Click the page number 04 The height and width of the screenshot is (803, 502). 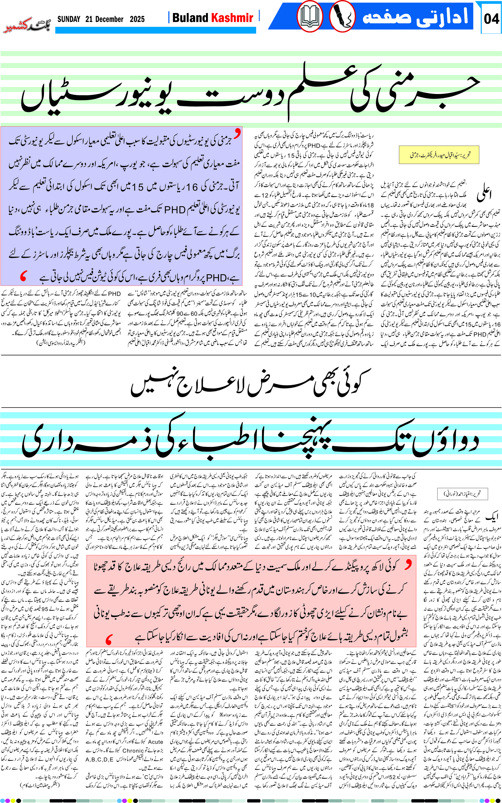click(491, 19)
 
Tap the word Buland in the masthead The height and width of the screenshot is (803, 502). click(190, 18)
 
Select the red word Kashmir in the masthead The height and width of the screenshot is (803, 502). click(232, 18)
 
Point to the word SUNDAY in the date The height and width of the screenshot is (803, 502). click(69, 19)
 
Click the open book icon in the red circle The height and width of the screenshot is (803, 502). click(310, 17)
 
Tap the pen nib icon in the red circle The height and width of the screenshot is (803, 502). click(342, 17)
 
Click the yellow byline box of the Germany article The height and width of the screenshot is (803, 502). click(439, 155)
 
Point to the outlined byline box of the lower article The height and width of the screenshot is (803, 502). click(462, 494)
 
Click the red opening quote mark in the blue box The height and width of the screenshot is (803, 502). click(237, 133)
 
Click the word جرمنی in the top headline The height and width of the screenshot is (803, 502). click(415, 90)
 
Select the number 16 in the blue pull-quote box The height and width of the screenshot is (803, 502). click(192, 188)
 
